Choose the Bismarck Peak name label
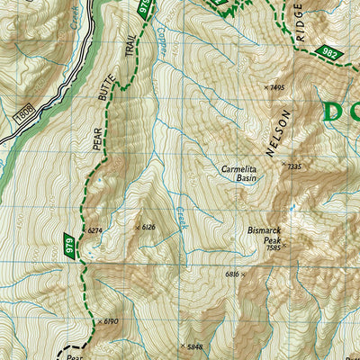pyautogui.click(x=265, y=235)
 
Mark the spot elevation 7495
pyautogui.click(x=276, y=87)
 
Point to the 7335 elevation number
pyautogui.click(x=292, y=166)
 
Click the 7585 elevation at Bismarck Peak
pyautogui.click(x=274, y=247)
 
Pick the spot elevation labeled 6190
pyautogui.click(x=110, y=320)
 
